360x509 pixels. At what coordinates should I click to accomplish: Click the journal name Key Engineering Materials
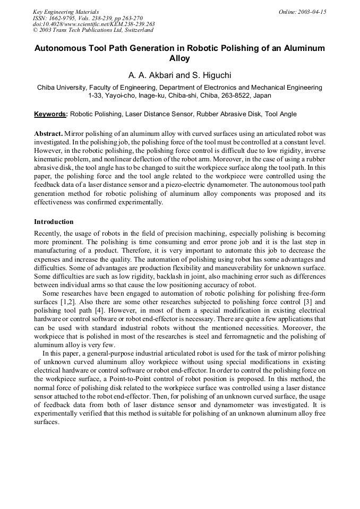[x=65, y=12]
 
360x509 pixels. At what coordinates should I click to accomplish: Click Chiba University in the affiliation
[x=62, y=88]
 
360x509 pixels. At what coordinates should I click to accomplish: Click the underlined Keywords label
[x=50, y=114]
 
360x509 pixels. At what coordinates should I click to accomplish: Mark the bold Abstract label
[x=48, y=135]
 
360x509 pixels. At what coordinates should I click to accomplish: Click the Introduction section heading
[x=54, y=222]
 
